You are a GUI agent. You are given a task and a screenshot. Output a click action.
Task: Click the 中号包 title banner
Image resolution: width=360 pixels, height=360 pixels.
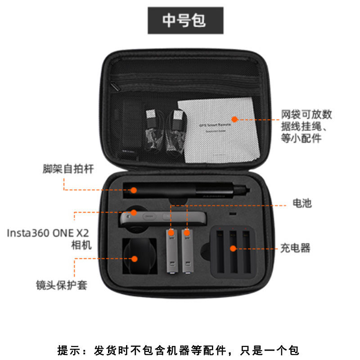(x=186, y=21)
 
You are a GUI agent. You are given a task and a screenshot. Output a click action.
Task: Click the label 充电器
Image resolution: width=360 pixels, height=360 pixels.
(x=295, y=248)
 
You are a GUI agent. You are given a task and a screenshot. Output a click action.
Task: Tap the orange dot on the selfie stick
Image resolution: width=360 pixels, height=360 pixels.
(x=134, y=190)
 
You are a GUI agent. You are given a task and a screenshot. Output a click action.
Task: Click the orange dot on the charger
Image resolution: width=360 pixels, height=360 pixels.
(x=233, y=248)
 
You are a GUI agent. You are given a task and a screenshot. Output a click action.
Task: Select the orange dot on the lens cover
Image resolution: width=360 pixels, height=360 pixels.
(x=134, y=258)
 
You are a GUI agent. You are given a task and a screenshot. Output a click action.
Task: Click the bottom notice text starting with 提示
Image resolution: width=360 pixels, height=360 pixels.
(x=179, y=350)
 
